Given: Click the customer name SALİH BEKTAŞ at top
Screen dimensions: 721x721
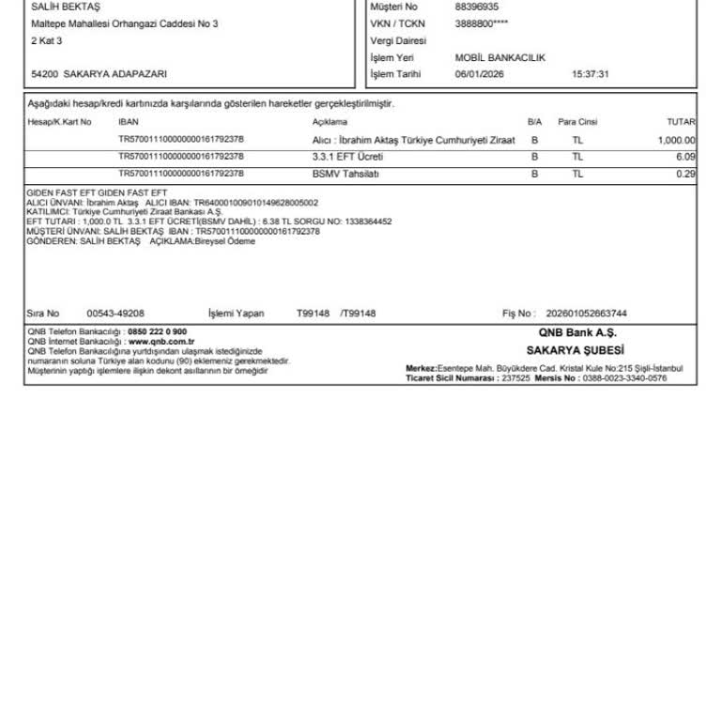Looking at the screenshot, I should tap(58, 7).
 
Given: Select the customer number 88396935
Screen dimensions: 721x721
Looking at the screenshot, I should tap(476, 7).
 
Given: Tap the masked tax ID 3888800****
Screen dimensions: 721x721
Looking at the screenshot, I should tap(482, 23).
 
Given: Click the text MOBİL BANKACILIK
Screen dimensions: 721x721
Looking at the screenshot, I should tap(499, 58).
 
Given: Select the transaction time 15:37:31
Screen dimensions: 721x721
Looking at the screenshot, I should tap(591, 74).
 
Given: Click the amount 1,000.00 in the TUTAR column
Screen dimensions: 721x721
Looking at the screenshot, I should tap(676, 140).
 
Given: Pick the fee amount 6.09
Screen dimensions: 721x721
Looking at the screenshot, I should tap(685, 157).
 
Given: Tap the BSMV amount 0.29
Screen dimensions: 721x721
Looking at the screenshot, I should tap(685, 174).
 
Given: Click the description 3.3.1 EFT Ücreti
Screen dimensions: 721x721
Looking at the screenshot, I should tap(347, 157).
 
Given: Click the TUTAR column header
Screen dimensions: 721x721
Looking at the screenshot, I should tap(681, 122).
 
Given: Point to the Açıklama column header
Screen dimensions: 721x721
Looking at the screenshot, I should tap(330, 122).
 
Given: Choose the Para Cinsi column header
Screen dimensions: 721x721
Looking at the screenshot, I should tap(577, 122).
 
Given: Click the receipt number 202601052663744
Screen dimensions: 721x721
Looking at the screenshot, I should tap(586, 314).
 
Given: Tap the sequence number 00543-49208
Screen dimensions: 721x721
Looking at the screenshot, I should tap(115, 314).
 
